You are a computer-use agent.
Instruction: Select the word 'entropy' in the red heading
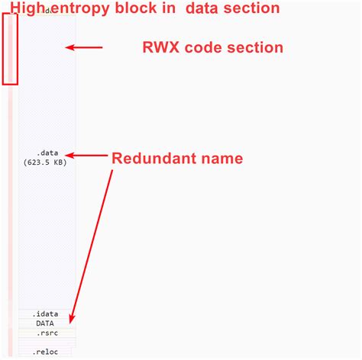(79, 9)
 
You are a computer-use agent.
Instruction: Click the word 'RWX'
(161, 47)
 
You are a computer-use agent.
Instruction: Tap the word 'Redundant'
(153, 159)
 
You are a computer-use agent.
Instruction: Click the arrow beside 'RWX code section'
(83, 47)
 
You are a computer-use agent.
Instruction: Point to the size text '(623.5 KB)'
(45, 162)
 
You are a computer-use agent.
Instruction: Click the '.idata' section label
(45, 313)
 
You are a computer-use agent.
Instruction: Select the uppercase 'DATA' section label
(45, 323)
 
